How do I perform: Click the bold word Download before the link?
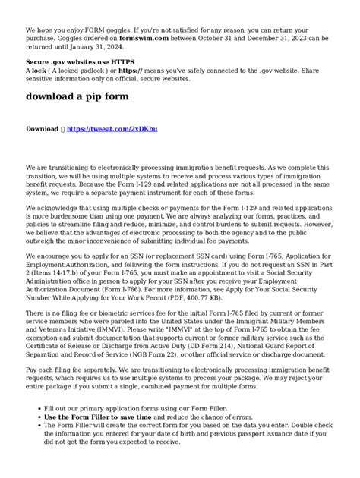43,130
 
